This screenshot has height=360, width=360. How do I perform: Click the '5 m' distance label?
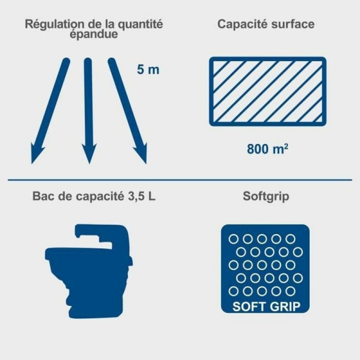[x=148, y=69]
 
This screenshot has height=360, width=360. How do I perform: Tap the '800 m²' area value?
[x=267, y=148]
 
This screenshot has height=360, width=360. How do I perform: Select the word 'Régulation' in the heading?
[x=54, y=24]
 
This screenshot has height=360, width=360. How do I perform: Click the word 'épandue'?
[x=94, y=34]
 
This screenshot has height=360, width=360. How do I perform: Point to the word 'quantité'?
[x=140, y=24]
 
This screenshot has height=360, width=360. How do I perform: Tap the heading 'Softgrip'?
[x=266, y=196]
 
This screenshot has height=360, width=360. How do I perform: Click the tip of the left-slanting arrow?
[x=31, y=164]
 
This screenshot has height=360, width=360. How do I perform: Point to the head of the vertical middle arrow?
[x=89, y=163]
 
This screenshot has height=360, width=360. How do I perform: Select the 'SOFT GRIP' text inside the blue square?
[x=266, y=306]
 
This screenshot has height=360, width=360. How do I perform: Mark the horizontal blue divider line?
[x=180, y=180]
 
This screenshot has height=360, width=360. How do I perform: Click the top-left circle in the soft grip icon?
[x=234, y=239]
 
